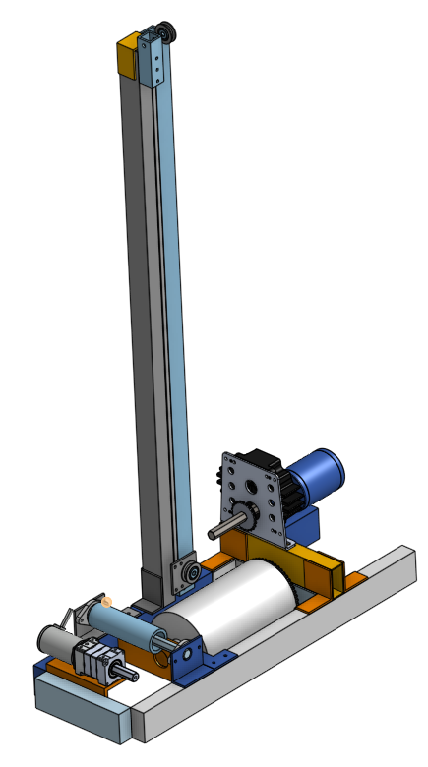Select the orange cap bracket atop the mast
coord(128,57)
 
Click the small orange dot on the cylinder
coord(107,601)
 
